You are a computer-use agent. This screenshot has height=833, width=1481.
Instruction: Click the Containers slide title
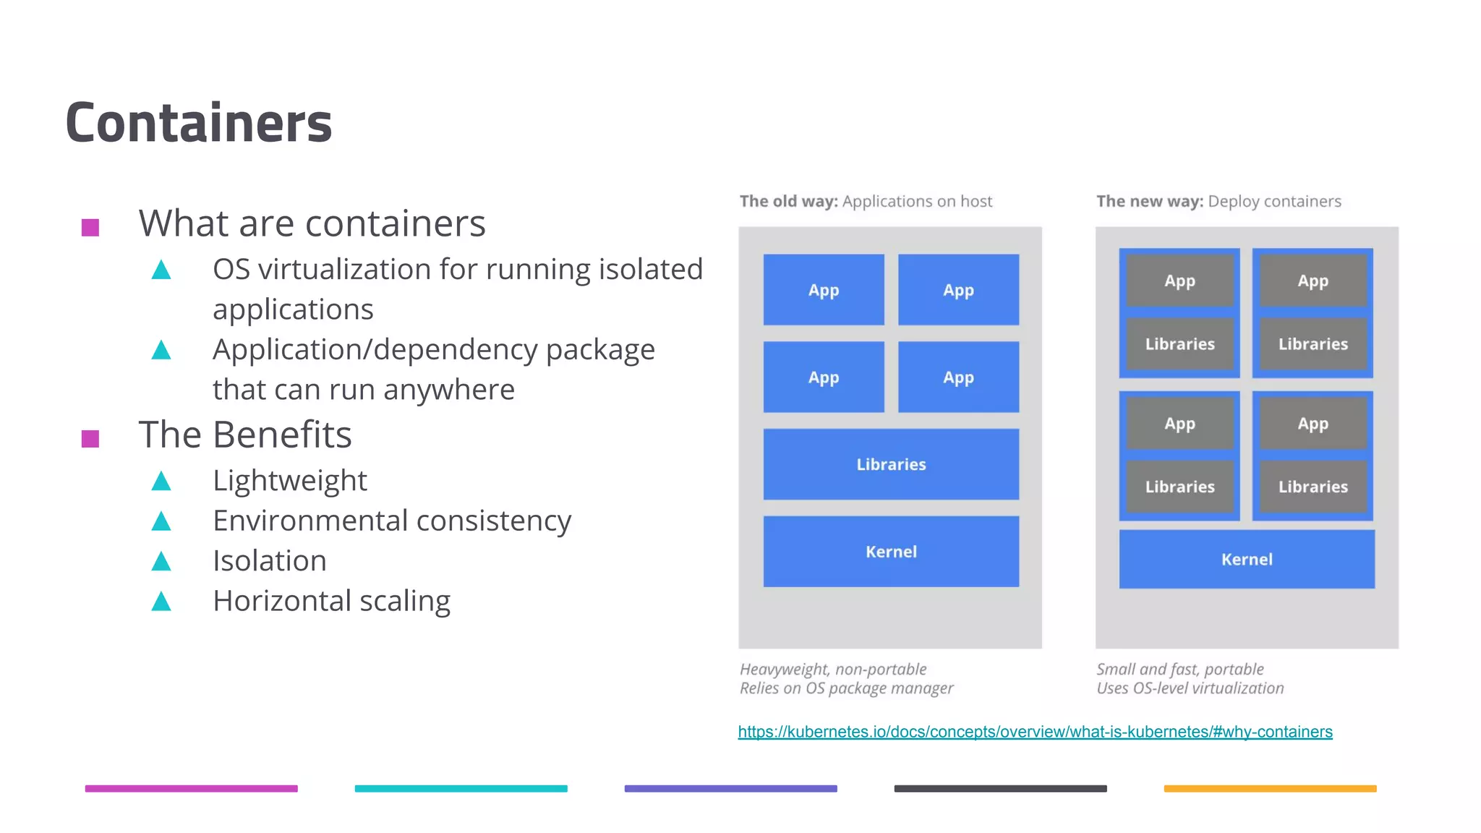198,123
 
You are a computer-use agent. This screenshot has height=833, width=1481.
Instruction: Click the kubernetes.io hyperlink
1034,732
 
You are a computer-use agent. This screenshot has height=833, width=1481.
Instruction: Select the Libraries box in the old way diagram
890,464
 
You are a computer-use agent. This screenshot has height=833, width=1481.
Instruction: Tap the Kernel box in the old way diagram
890,552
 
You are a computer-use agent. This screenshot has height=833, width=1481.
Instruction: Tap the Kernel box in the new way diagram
1246,559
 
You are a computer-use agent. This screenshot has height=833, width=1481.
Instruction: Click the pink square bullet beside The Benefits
90,438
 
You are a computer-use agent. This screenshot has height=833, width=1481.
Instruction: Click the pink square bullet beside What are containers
90,228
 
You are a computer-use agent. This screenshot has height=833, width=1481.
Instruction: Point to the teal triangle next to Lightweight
161,482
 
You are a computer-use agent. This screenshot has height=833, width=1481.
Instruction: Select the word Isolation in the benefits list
269,561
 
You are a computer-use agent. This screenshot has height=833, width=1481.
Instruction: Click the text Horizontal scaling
331,601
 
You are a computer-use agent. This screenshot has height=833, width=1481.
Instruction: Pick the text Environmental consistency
391,521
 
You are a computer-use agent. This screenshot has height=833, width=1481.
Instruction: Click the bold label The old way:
788,201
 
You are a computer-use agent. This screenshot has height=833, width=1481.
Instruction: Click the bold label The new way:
1149,201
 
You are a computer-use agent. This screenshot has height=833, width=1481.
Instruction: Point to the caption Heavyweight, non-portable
832,669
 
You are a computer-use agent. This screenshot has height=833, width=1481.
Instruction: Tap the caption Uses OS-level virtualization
1190,688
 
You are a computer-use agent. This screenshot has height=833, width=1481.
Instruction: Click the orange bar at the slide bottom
1269,788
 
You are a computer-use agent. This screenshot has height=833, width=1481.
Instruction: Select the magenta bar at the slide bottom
191,788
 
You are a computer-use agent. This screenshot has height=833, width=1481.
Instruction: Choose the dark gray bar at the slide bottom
1000,788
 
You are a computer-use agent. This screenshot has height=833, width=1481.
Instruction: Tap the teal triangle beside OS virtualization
161,270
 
